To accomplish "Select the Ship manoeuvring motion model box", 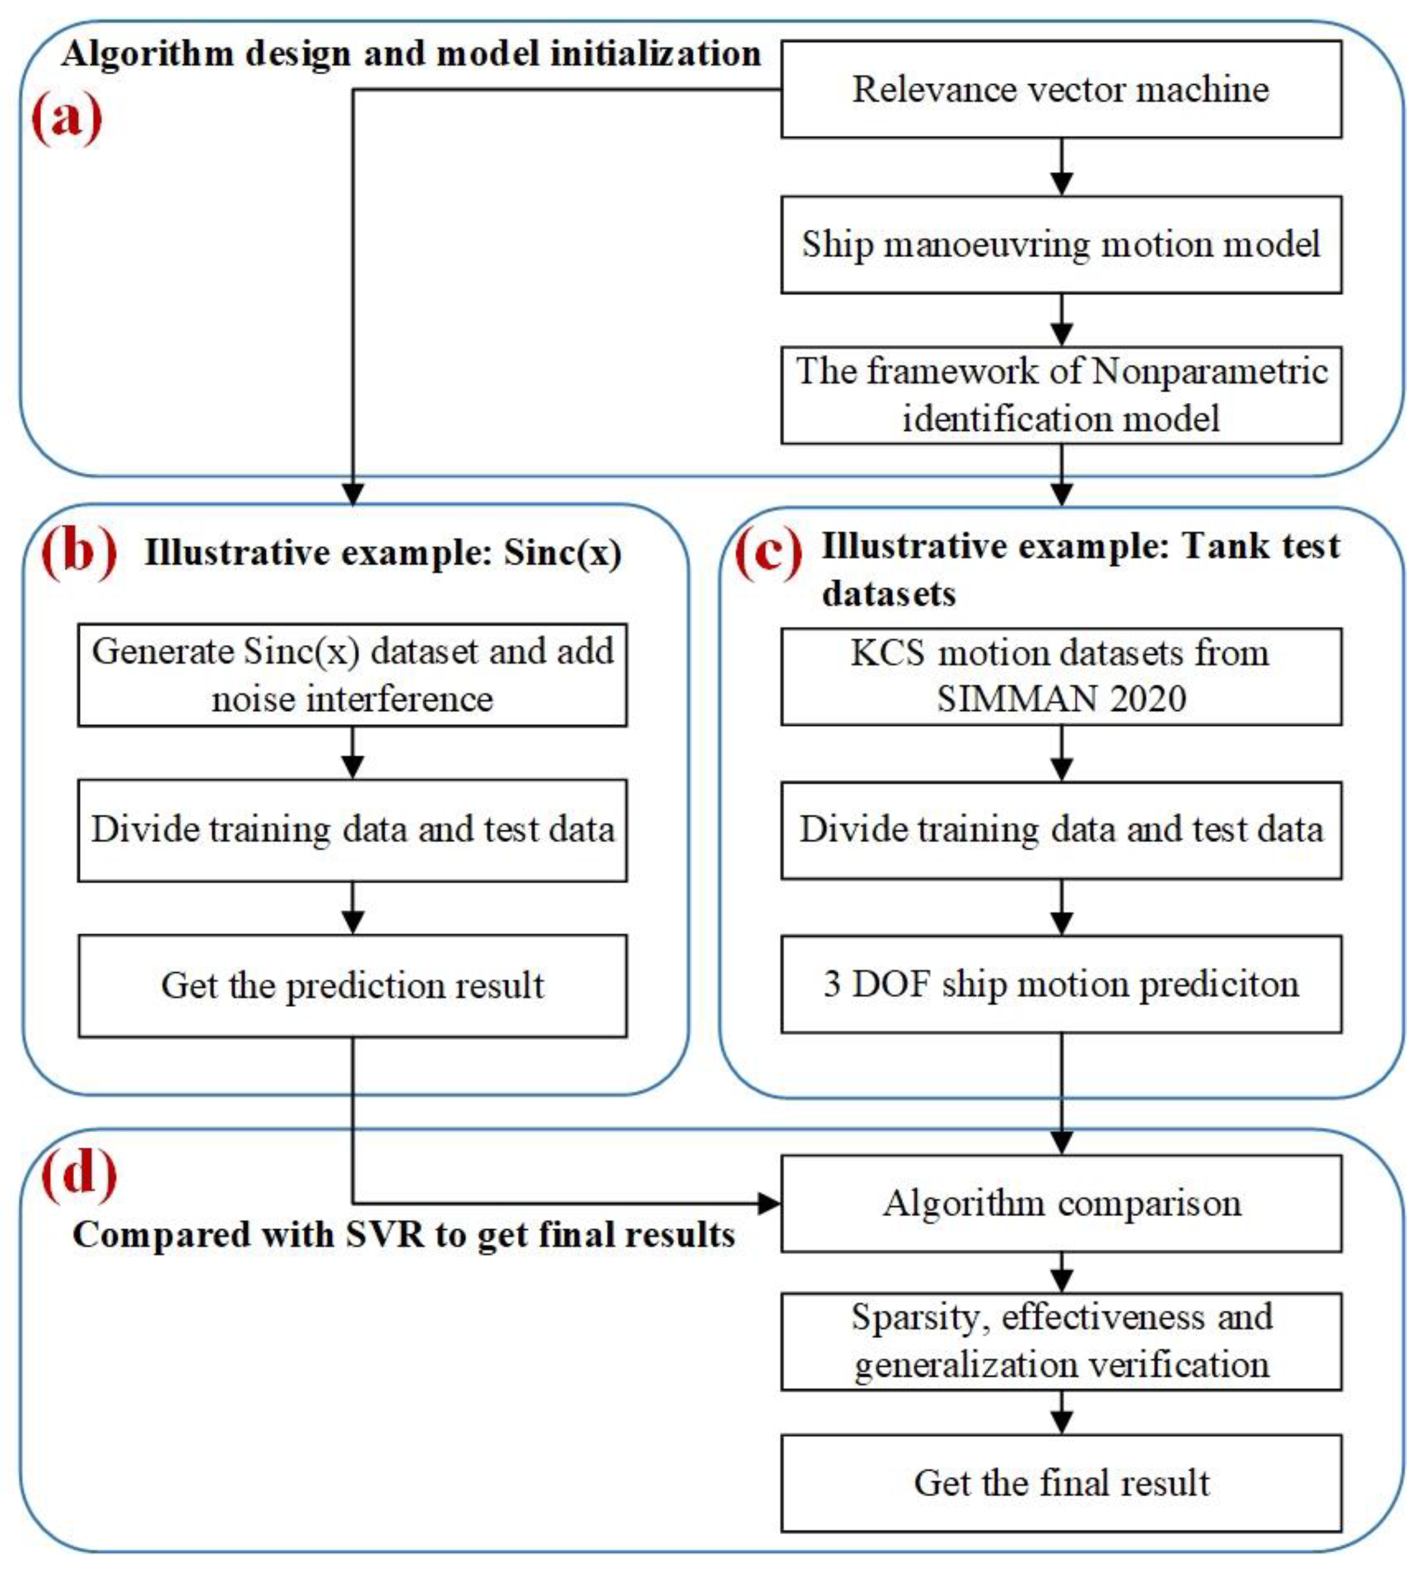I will click(x=1061, y=244).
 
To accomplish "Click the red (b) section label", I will click(x=77, y=552).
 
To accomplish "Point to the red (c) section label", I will click(x=768, y=554).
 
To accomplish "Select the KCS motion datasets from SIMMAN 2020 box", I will click(x=1061, y=676).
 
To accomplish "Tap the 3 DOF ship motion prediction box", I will click(x=1061, y=985).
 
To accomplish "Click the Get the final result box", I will click(x=1061, y=1483).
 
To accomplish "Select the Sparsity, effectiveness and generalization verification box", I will click(x=1061, y=1342).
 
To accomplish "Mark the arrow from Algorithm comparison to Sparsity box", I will click(x=1061, y=1273).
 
